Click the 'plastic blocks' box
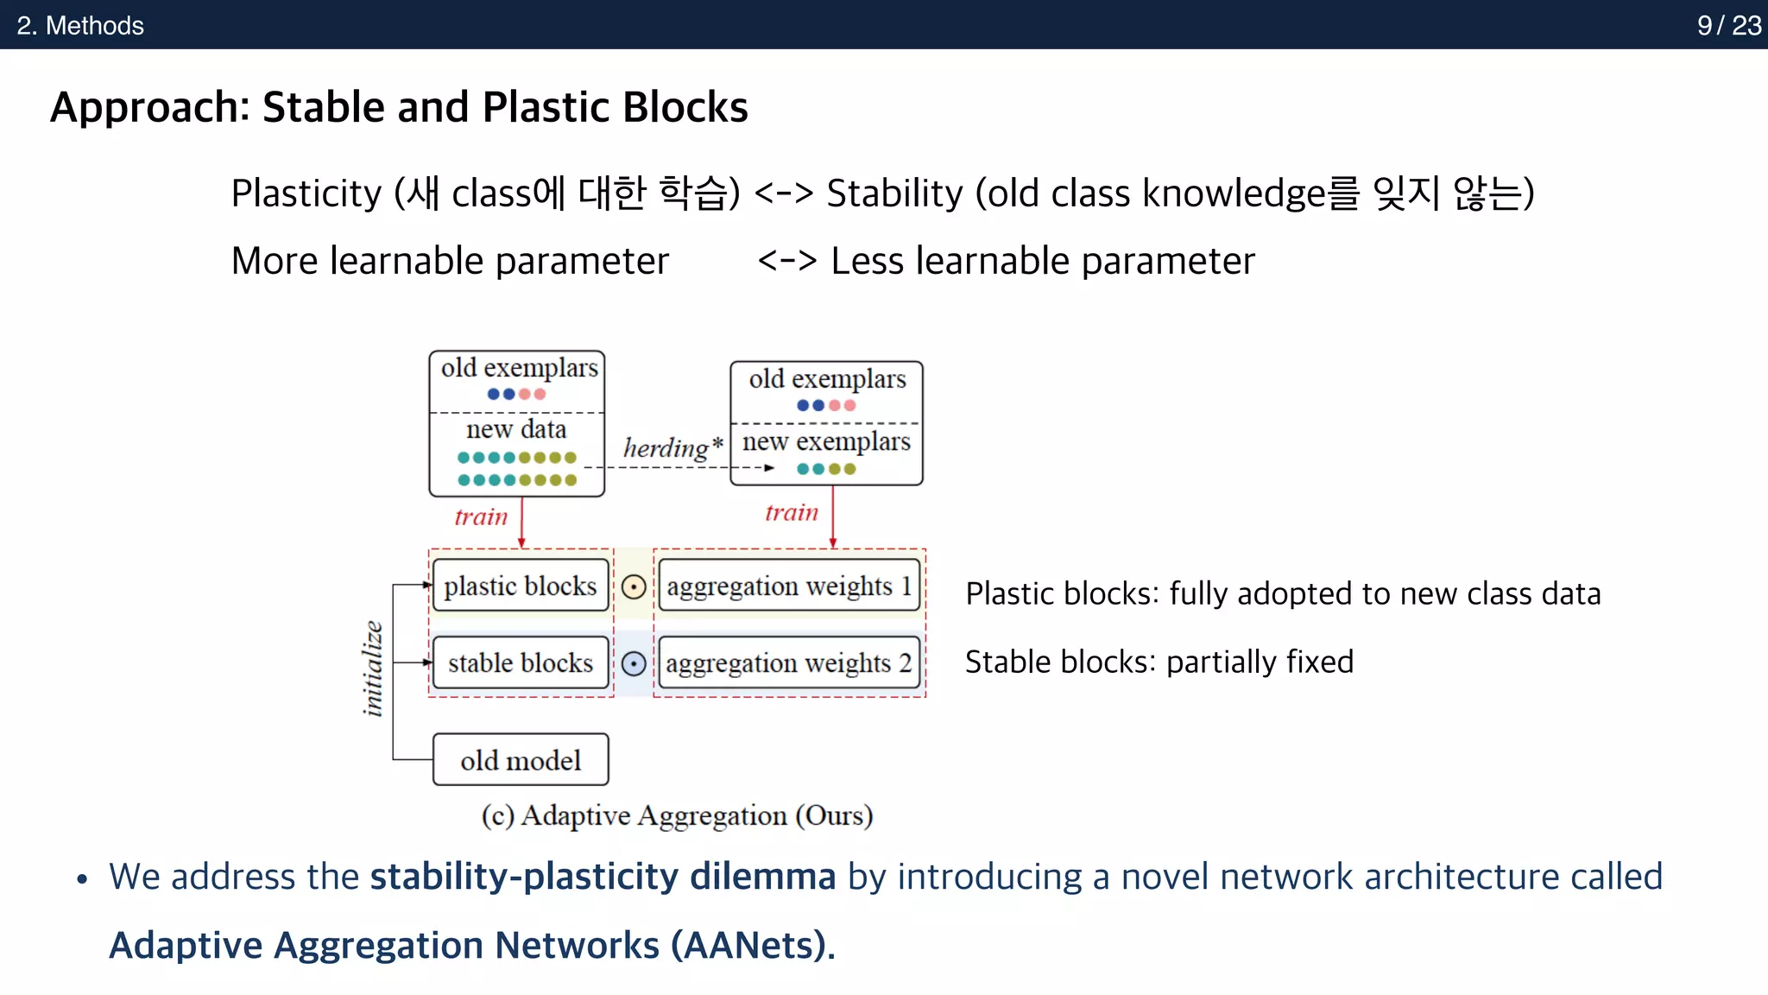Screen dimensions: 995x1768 (x=521, y=586)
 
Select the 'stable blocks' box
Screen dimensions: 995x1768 (x=521, y=662)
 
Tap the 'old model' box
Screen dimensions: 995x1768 (x=521, y=760)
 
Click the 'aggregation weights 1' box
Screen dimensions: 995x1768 (x=789, y=586)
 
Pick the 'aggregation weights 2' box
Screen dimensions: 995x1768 (x=789, y=662)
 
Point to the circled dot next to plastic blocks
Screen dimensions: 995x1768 (x=634, y=587)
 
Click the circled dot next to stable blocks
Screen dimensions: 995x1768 (x=634, y=663)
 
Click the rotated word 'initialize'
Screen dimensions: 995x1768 (x=372, y=669)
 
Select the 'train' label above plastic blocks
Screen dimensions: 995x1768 (x=481, y=517)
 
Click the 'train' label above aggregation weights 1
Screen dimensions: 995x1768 (x=791, y=512)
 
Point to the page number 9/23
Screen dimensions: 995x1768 (x=1728, y=25)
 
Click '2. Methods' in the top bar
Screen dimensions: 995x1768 (x=80, y=25)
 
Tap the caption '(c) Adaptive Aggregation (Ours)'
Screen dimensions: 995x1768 (x=677, y=814)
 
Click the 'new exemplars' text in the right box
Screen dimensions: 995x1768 (x=826, y=441)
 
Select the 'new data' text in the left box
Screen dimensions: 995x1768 (x=516, y=429)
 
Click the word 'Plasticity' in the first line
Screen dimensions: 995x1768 (x=306, y=193)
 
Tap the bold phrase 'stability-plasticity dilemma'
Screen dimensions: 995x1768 (x=603, y=876)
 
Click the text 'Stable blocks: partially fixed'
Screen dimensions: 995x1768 (x=1159, y=662)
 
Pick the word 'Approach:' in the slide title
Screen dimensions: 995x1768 (x=150, y=107)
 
